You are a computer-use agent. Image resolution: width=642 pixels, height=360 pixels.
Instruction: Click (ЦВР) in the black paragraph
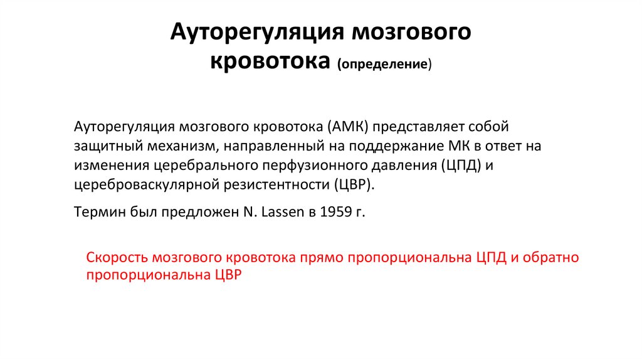point(354,186)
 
